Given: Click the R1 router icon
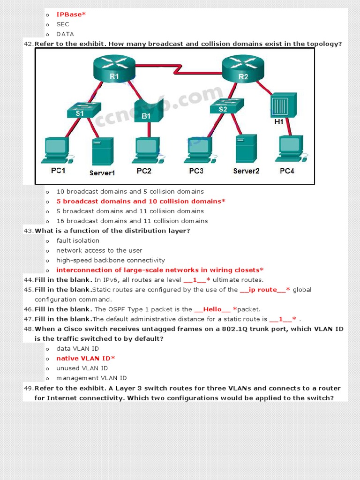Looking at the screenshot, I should point(114,68).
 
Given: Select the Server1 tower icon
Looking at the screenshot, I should point(102,151).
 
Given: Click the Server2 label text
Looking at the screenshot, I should point(246,171).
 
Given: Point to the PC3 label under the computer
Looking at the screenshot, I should point(196,171).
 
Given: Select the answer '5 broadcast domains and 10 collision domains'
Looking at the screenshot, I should point(141,202).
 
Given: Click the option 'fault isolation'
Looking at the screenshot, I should point(78,241).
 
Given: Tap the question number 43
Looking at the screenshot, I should point(28,231).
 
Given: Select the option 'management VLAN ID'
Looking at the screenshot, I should point(91,378).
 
